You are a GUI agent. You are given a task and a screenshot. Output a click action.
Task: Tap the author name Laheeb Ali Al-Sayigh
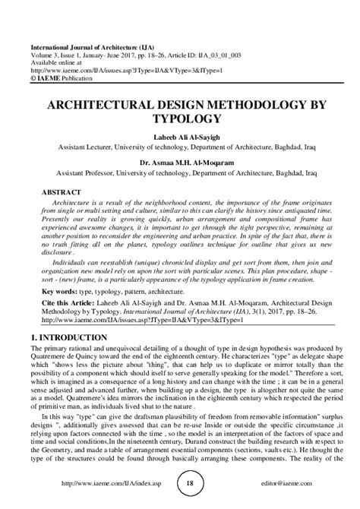coord(180,137)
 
